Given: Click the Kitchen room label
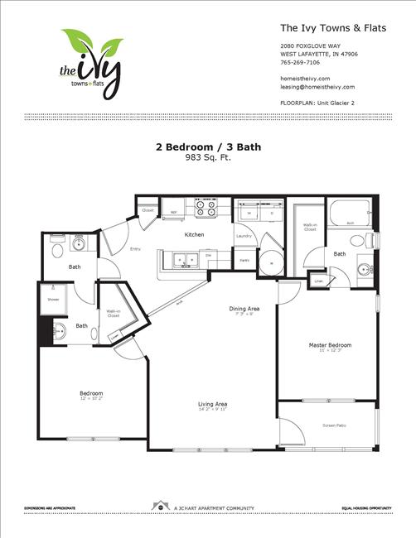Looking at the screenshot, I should tap(194, 234).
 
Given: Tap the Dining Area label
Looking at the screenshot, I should tap(244, 309).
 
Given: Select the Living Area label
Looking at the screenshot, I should tap(213, 404).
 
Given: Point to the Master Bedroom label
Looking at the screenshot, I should tap(331, 344).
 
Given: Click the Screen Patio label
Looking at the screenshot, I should tap(335, 426).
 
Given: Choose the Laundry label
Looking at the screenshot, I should tap(244, 236).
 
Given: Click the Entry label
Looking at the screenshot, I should tap(134, 247).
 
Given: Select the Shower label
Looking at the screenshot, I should tap(53, 299).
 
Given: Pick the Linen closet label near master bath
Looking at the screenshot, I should tap(318, 281).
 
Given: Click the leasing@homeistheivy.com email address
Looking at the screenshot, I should tap(317, 86).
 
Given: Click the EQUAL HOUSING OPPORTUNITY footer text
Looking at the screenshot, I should tap(370, 507).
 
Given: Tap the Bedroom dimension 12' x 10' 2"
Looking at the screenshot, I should tap(90, 399).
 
